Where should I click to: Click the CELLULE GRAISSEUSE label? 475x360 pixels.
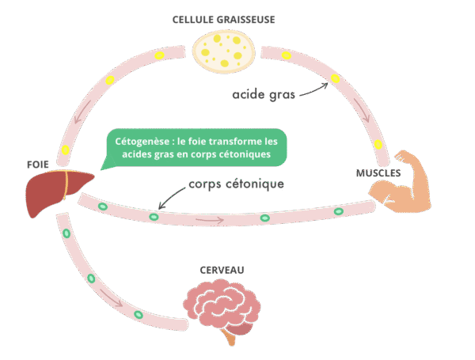tap(225, 18)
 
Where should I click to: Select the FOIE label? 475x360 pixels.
tap(36, 164)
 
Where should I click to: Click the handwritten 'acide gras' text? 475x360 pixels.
tap(264, 95)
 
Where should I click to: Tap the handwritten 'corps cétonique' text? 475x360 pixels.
tap(236, 184)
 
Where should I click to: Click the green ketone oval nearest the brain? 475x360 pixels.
tap(139, 314)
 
